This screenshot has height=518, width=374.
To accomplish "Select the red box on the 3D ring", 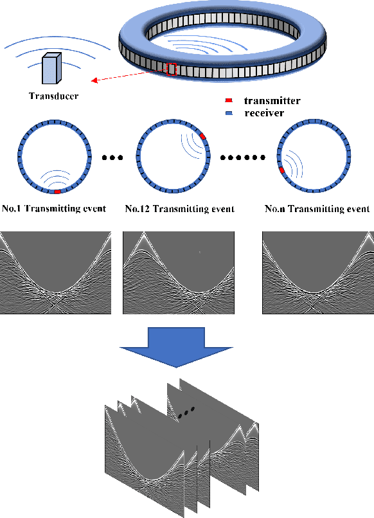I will pos(172,69).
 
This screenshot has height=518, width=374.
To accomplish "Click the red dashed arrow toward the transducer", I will pos(129,75).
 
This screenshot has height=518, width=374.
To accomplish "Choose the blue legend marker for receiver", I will pos(229,113).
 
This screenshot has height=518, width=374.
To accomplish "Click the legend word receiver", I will pos(264,113).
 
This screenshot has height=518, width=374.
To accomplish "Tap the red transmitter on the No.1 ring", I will pos(57,192).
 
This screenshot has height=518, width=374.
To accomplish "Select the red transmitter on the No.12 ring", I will pos(202,137).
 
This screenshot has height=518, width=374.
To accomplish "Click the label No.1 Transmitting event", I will pos(55,209).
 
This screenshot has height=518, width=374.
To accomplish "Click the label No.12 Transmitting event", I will pos(180,209).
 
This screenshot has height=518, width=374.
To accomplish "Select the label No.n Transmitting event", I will pos(317,209).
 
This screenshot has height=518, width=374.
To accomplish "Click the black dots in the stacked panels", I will pos(186,413).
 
